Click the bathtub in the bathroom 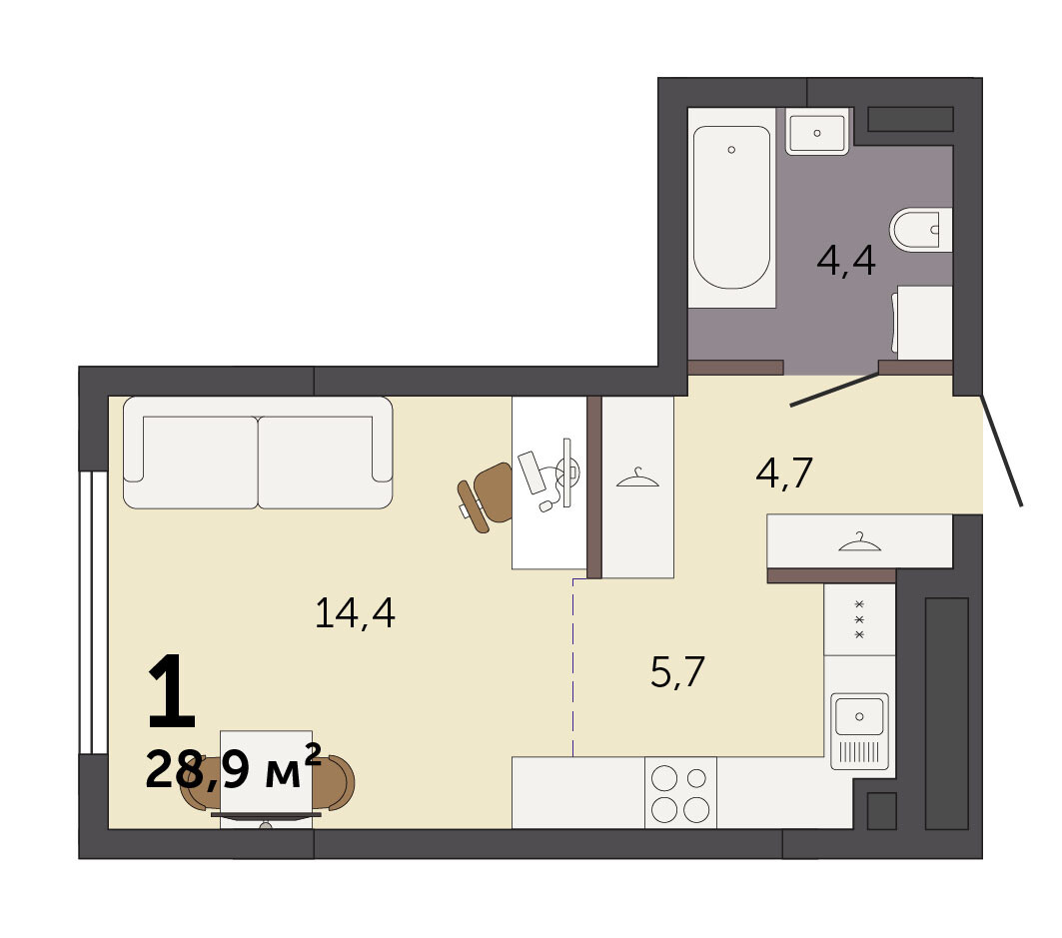point(731,208)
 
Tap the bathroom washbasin point(817,132)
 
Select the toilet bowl point(920,228)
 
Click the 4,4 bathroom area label point(846,262)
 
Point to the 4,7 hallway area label point(784,472)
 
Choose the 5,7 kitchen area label point(677,672)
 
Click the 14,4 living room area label point(355,613)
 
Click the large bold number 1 point(172,691)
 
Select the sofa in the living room point(258,453)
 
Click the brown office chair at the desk point(485,497)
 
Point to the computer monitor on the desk point(566,472)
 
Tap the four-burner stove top point(680,792)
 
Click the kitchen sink point(859,731)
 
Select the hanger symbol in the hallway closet point(859,541)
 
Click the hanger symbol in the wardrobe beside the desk point(637,477)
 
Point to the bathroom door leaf point(835,390)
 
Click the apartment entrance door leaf point(1002,452)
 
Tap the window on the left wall point(94,612)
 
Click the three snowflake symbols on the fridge point(859,619)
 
